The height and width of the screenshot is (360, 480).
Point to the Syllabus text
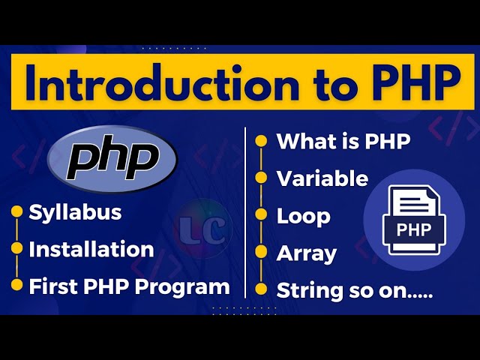click(75, 212)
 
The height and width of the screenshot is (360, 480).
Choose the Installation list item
click(91, 249)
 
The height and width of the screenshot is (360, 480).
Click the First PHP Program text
click(129, 286)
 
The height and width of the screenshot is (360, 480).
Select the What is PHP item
click(343, 141)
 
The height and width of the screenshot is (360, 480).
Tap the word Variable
click(322, 178)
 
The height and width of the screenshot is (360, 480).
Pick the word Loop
click(303, 216)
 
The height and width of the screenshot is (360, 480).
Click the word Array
click(306, 253)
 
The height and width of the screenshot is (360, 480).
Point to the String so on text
click(355, 289)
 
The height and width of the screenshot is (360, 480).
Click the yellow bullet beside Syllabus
click(16, 213)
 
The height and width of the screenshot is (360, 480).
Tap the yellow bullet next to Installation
click(16, 249)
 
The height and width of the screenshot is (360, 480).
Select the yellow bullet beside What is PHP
click(261, 140)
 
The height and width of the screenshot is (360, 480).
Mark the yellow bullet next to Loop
click(261, 215)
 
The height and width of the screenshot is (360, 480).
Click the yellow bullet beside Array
click(261, 253)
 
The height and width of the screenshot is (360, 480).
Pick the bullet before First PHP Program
click(16, 286)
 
